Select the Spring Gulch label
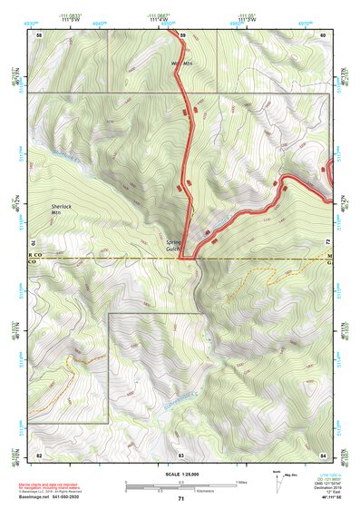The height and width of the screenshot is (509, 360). click(x=174, y=246)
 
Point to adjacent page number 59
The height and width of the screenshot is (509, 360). click(x=181, y=34)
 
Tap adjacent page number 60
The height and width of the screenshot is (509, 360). click(x=323, y=34)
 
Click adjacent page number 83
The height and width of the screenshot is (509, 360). click(x=181, y=454)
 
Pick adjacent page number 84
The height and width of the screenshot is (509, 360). click(x=323, y=454)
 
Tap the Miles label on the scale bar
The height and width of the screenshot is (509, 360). click(x=240, y=481)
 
